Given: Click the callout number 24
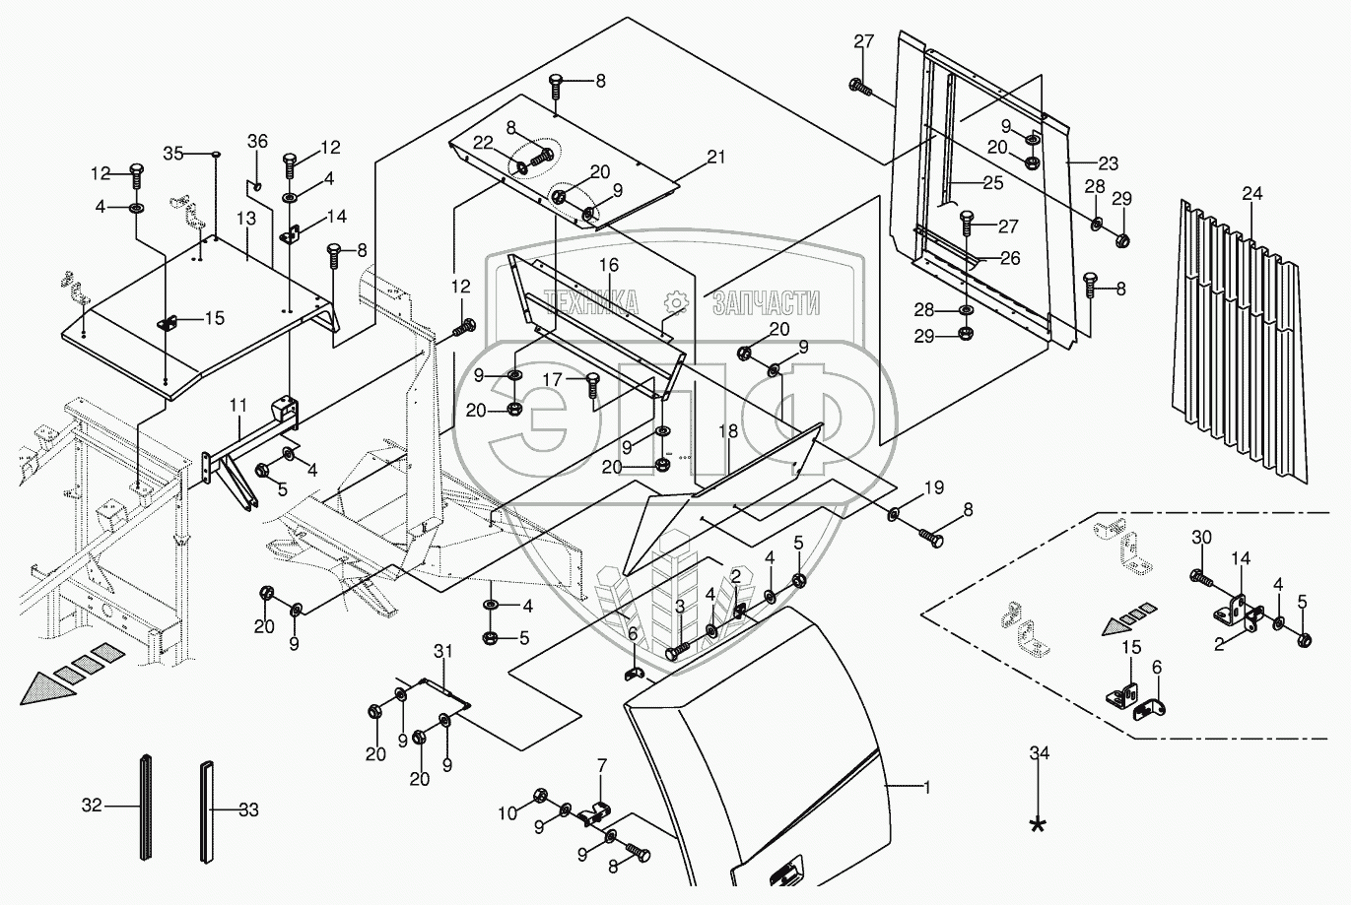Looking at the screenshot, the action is [1252, 193].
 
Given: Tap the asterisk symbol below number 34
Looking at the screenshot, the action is [1038, 825].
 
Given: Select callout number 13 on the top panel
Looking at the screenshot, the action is [246, 219].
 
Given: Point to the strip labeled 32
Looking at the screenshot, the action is [146, 807].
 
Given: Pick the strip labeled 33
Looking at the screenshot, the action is [207, 812].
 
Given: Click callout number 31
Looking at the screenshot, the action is [443, 651].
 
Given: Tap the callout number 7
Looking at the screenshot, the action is [601, 766].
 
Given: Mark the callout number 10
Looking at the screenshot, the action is [507, 814].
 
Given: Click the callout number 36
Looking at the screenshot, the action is [257, 142].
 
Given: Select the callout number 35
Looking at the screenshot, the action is [173, 154].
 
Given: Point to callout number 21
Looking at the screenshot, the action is [716, 158].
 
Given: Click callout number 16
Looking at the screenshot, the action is [609, 265].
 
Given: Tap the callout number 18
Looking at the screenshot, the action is [728, 430].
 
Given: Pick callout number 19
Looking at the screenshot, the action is [934, 487].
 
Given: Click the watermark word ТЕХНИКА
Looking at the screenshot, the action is [592, 302].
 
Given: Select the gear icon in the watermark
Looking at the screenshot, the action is [676, 302].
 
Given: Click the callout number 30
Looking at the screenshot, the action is [1202, 537].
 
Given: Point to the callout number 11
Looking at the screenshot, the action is [238, 406].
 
